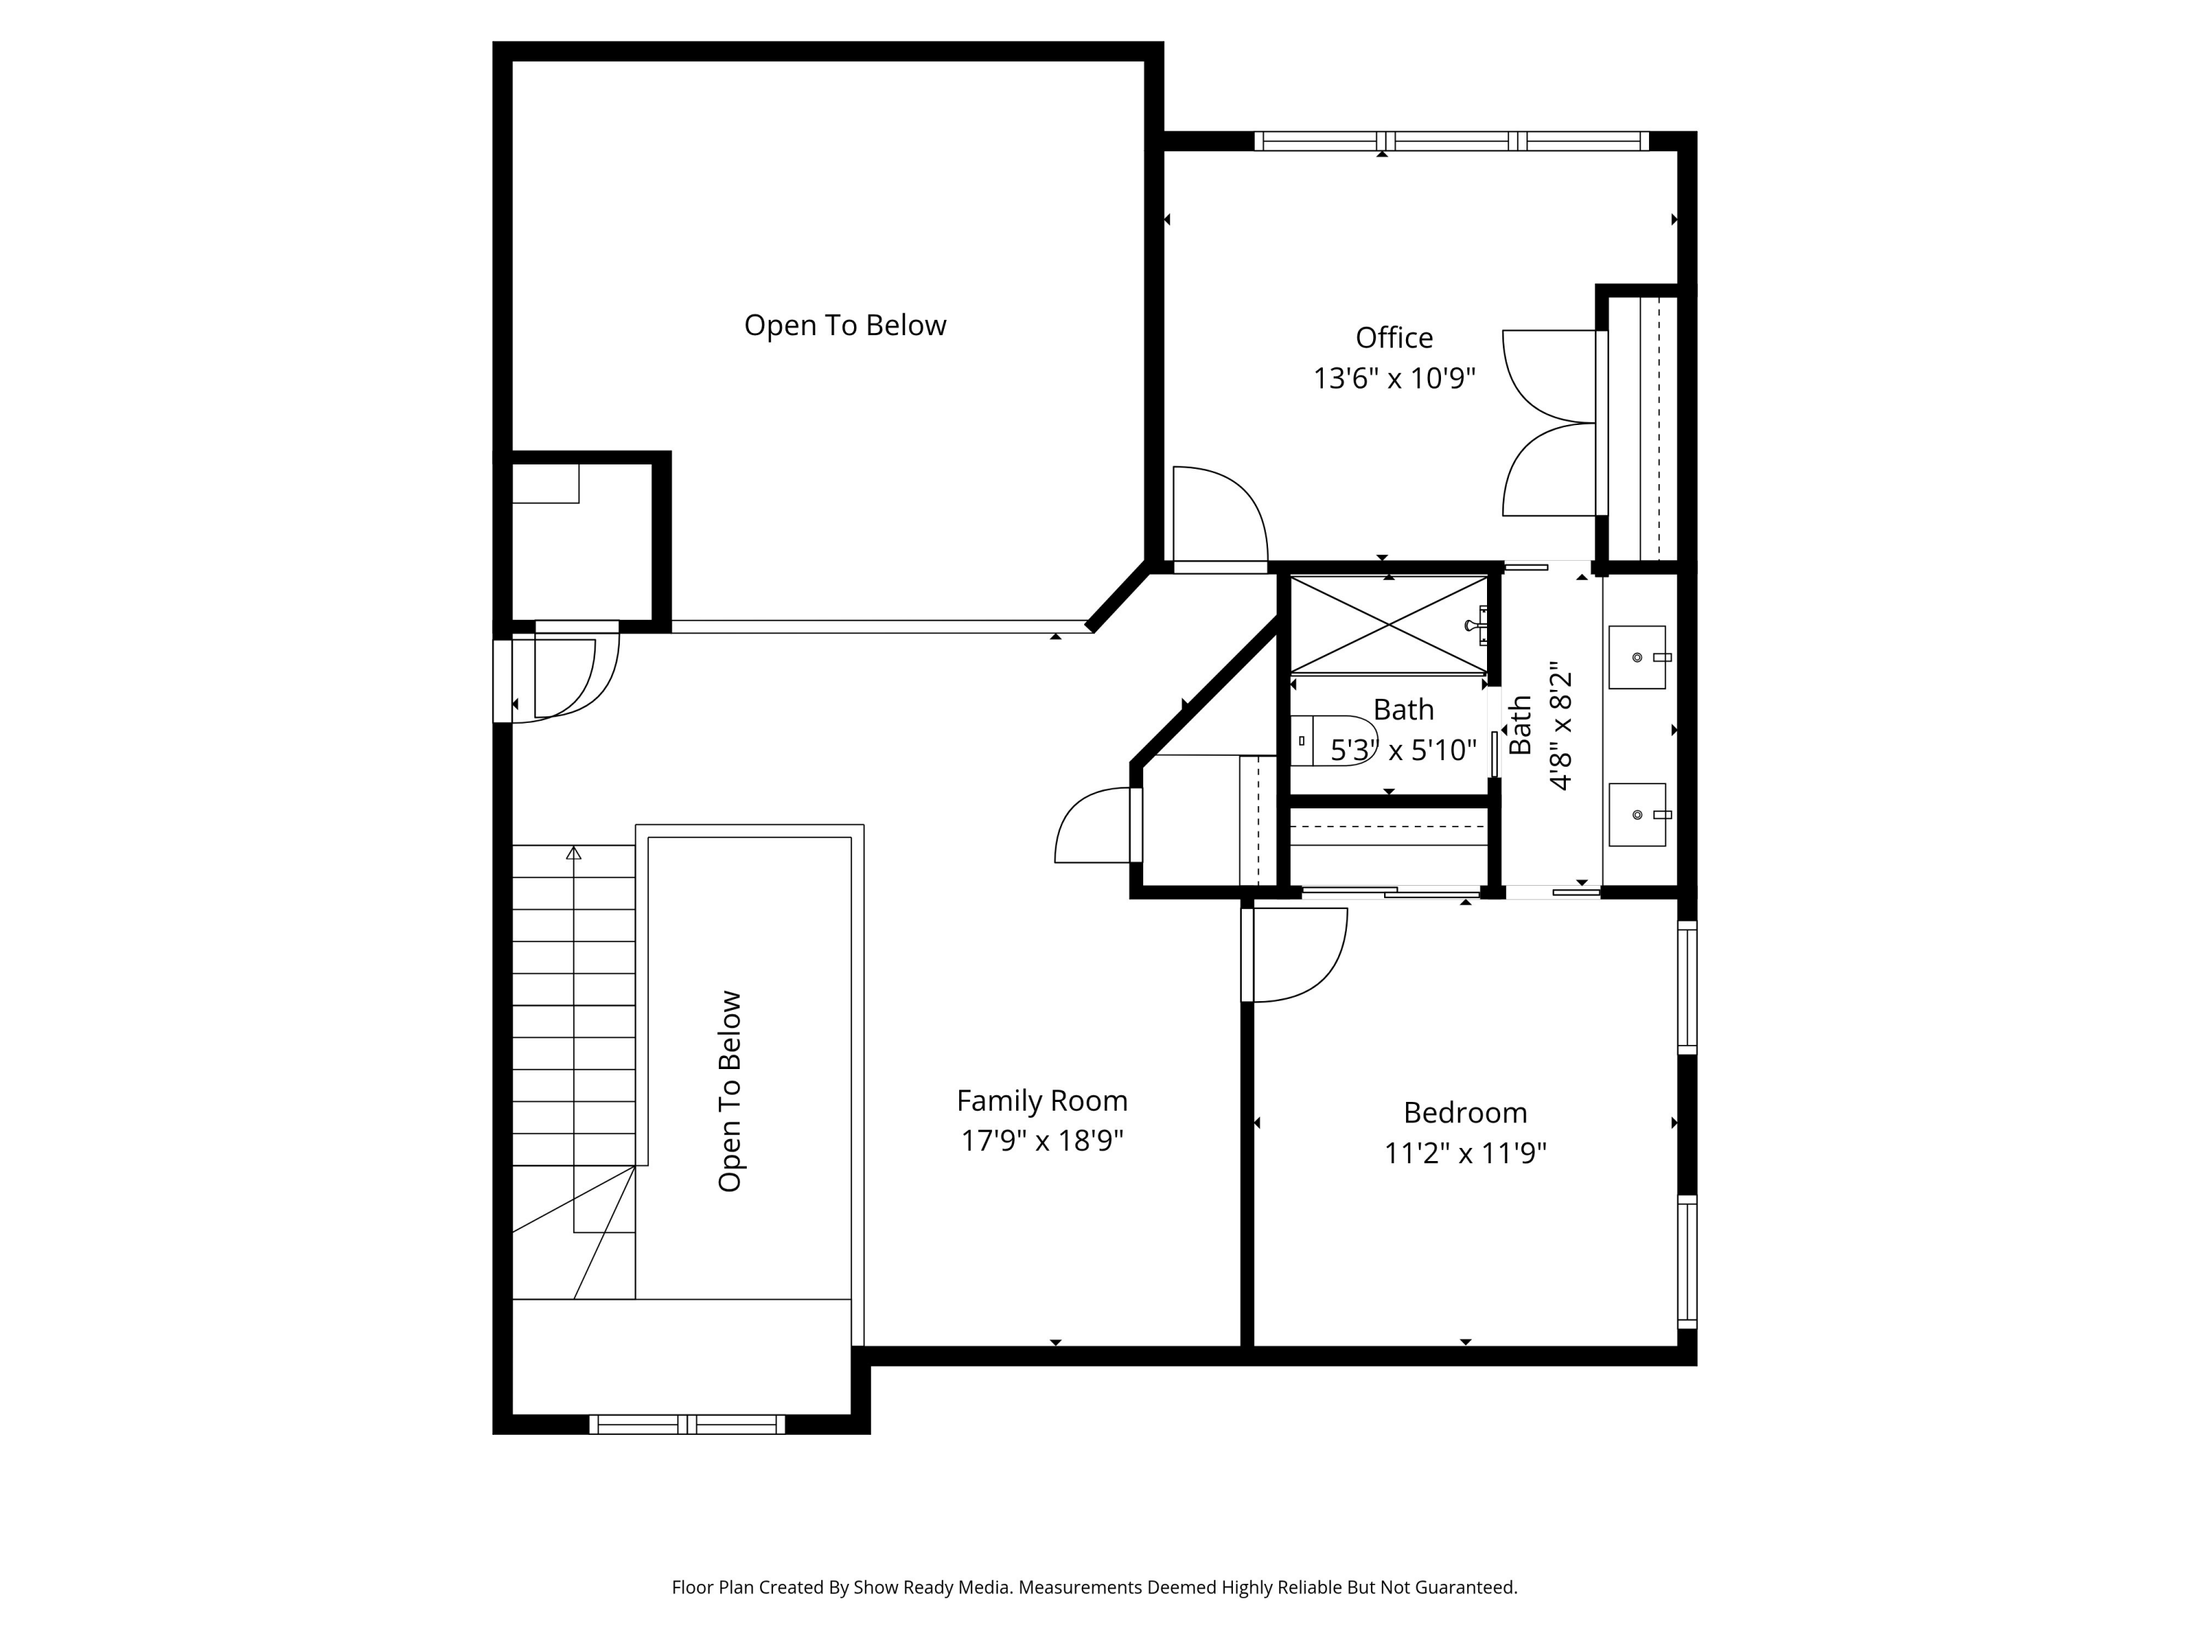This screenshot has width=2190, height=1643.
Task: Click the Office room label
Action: point(1394,337)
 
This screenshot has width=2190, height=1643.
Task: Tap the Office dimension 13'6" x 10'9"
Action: point(1394,378)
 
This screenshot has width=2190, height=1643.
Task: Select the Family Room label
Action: point(1042,1100)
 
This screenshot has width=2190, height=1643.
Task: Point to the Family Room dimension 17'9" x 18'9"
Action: point(1042,1141)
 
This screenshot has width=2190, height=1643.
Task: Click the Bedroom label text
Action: point(1465,1112)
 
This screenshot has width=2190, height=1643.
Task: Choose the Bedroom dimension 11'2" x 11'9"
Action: point(1465,1153)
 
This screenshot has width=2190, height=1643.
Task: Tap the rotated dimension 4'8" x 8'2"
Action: point(1560,726)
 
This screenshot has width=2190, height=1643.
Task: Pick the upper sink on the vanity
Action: point(1637,656)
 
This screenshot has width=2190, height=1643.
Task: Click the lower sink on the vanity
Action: point(1637,814)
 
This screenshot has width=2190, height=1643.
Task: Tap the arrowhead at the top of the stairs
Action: point(573,853)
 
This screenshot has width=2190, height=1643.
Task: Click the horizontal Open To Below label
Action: point(845,325)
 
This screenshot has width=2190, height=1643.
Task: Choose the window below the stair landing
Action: point(687,1424)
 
